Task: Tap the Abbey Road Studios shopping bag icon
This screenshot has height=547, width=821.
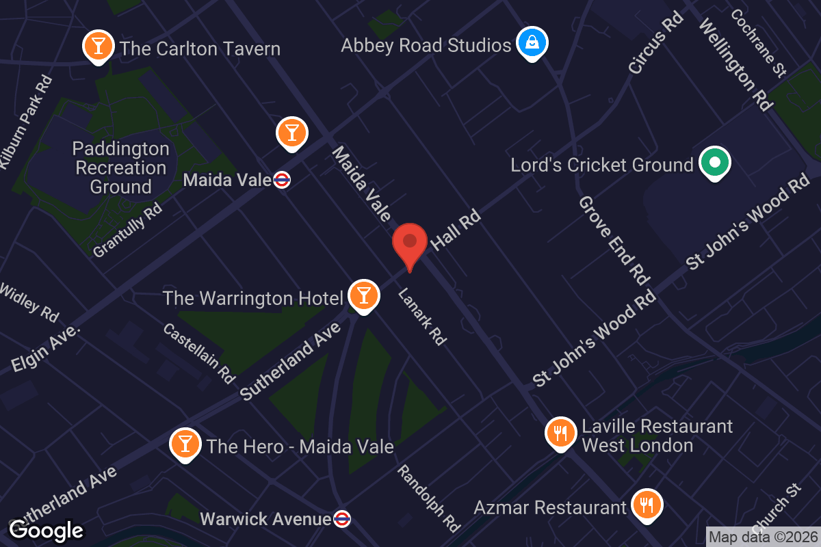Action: (531, 43)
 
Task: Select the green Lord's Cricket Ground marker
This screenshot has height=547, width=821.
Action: (714, 163)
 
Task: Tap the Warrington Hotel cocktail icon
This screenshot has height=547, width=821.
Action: (363, 295)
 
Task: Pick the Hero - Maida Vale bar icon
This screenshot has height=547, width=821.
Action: (185, 444)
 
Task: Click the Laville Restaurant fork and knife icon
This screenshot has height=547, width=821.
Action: (561, 433)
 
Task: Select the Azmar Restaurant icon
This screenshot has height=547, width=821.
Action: (645, 505)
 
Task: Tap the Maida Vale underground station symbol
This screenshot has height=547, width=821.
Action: (281, 180)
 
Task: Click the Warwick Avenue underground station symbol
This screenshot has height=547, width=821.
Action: (342, 519)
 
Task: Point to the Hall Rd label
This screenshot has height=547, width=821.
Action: (456, 230)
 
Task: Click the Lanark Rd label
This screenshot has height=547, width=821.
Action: (422, 315)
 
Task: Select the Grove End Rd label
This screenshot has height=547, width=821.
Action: (613, 240)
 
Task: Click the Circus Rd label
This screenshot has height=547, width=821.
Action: (656, 43)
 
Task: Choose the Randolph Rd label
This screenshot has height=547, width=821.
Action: (429, 497)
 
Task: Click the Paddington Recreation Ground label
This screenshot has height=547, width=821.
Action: (120, 168)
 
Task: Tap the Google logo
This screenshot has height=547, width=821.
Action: (46, 530)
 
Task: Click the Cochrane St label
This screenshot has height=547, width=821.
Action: (758, 42)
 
